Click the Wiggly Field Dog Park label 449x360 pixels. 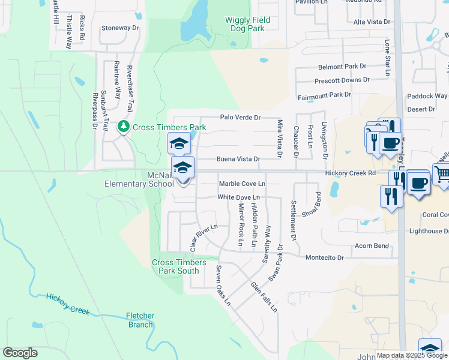(247, 24)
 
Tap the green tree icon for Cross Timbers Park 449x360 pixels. (124, 127)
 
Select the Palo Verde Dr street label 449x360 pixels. (240, 118)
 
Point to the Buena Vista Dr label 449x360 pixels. (238, 160)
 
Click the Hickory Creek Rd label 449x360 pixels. (350, 173)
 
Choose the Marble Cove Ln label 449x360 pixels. (242, 184)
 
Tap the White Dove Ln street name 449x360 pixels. (238, 197)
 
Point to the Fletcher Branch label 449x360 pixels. (140, 320)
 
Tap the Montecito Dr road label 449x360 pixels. (324, 257)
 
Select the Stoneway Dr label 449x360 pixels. (120, 28)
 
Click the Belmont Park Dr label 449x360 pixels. (342, 67)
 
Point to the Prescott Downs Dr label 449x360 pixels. (342, 80)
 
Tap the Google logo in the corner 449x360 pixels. (20, 353)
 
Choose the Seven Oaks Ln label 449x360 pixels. (223, 285)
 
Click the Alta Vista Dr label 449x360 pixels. (372, 22)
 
